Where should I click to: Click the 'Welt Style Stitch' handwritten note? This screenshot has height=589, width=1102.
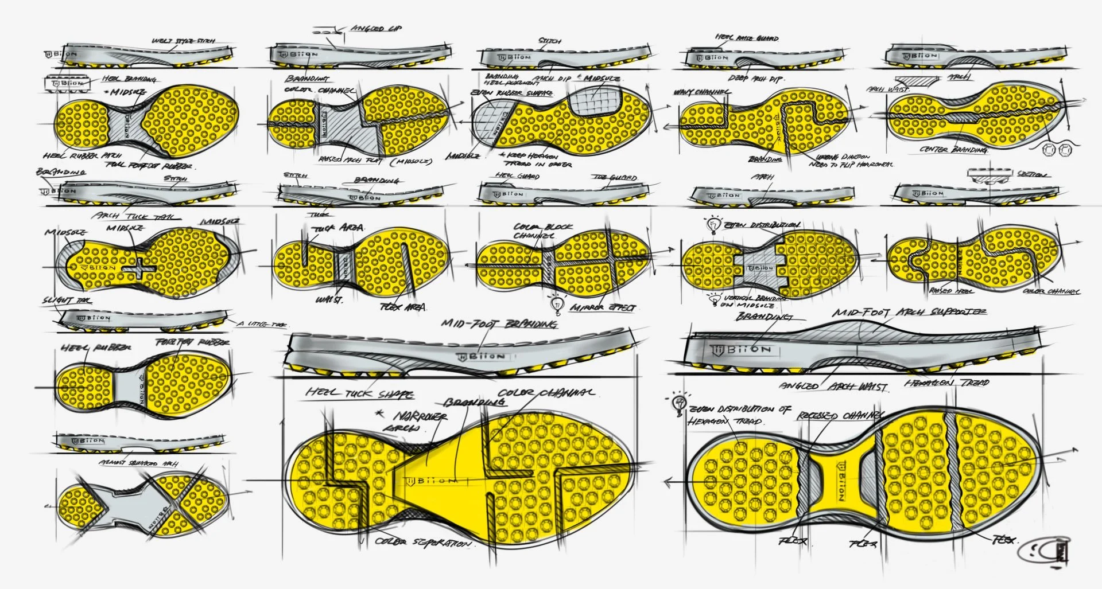183,41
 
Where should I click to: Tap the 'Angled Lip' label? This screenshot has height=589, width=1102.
376,28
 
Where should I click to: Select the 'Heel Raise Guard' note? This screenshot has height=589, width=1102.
747,38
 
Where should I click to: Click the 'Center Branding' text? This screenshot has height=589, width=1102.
953,150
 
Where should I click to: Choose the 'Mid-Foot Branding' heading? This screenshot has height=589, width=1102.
499,324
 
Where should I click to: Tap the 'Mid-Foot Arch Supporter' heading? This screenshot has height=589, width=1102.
909,313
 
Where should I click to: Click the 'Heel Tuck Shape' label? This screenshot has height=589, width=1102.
359,393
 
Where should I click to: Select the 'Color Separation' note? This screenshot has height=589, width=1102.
424,542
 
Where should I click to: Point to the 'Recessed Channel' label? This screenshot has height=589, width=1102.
841,415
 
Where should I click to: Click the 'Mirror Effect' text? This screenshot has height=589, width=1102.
603,308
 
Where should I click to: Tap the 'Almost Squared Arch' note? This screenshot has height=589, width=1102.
138,463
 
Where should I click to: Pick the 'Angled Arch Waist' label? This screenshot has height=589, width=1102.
833,387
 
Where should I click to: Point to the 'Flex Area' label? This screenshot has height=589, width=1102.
403,307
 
